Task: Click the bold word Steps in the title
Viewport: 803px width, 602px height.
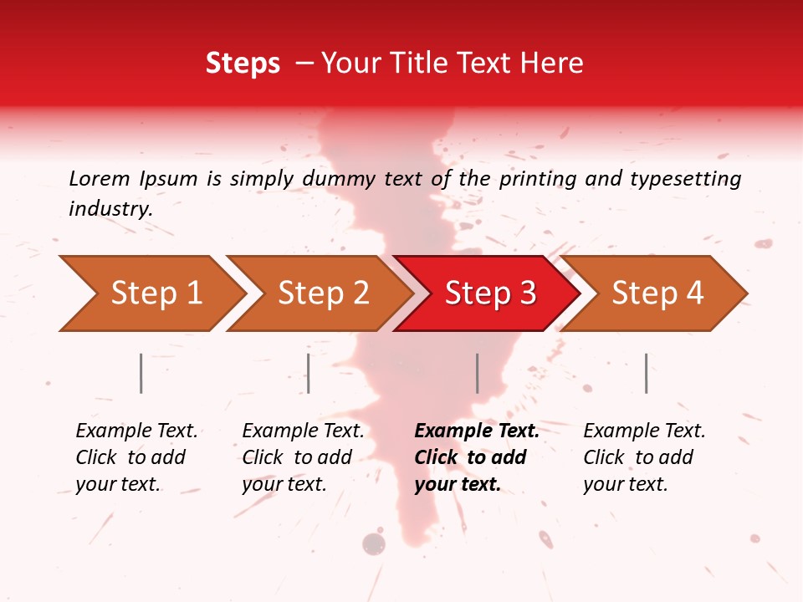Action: [243, 64]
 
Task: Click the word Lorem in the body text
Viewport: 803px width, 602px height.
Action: [99, 178]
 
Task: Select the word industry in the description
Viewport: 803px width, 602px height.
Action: [110, 208]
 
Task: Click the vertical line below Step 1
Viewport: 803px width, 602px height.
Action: [141, 373]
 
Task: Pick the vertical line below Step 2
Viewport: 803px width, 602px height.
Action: [309, 373]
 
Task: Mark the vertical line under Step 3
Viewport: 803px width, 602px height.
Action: [477, 373]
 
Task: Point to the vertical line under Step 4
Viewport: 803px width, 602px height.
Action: [646, 373]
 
